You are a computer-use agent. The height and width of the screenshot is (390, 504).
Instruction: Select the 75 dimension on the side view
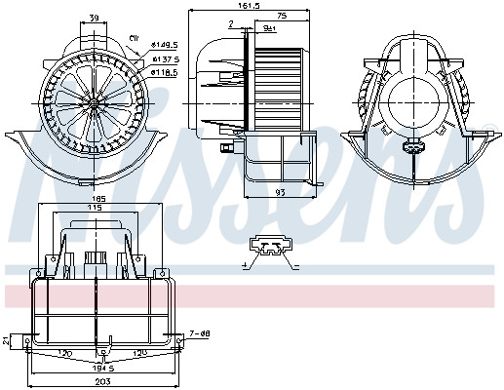coord(280,17)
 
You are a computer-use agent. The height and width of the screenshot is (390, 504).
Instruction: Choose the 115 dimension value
coord(96,209)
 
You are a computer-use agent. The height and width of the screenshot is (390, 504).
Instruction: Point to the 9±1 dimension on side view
coord(269,28)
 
